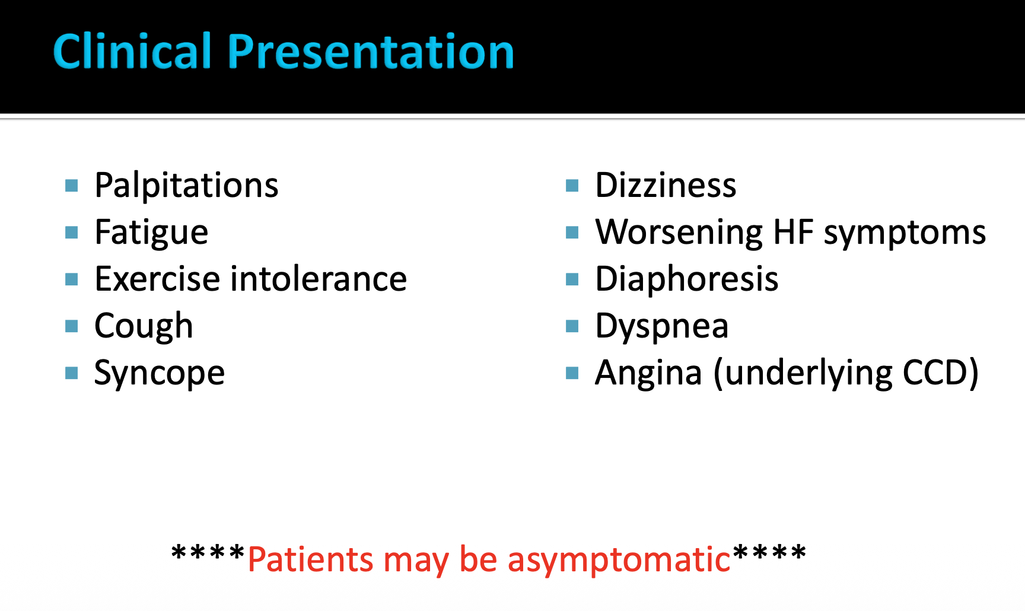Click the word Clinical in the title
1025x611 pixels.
click(132, 51)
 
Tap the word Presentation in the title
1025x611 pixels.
click(371, 51)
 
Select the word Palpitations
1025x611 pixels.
click(186, 186)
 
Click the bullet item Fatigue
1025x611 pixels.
click(151, 233)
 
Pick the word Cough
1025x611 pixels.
click(144, 326)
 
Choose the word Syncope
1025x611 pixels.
click(160, 373)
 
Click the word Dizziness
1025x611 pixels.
click(666, 185)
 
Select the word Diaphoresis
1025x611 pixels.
click(686, 279)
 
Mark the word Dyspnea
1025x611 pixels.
click(662, 326)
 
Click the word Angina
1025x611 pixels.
click(648, 373)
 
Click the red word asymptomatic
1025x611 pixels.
click(619, 560)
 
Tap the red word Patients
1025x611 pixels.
click(310, 559)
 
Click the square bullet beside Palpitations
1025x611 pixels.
click(72, 186)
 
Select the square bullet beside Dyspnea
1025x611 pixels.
click(572, 326)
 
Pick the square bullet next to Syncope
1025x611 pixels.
click(72, 373)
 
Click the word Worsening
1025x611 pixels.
click(679, 233)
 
